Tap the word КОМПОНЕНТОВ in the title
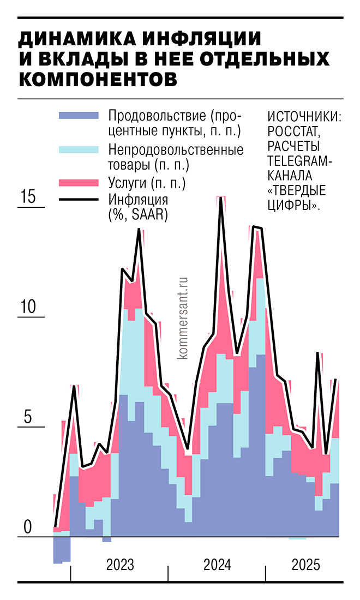(x=98, y=79)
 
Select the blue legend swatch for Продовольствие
(x=79, y=115)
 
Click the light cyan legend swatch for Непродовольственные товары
(x=79, y=148)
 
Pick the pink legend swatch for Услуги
(x=79, y=182)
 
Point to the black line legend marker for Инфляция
(x=79, y=200)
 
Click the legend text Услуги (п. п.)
(x=146, y=182)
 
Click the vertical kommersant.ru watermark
(x=182, y=316)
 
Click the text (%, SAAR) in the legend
(x=137, y=215)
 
